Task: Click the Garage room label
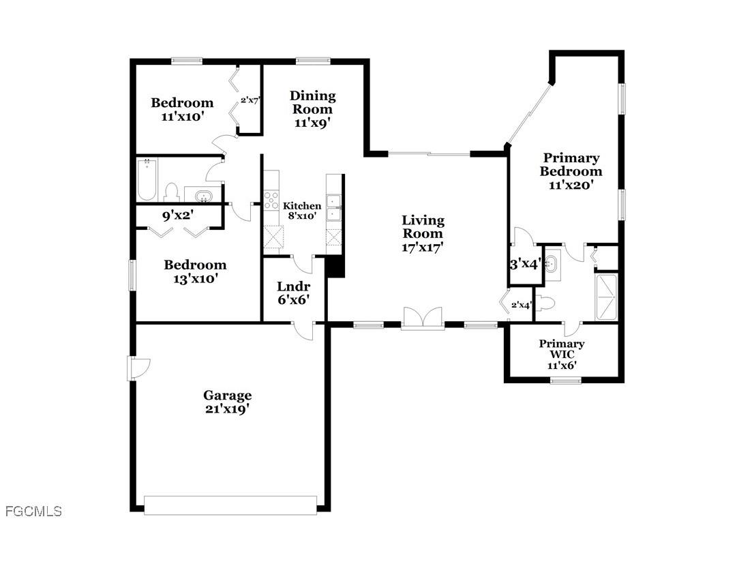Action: (x=227, y=395)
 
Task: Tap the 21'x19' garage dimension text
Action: (x=227, y=409)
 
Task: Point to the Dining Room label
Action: (x=313, y=102)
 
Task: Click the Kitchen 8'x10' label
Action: (x=302, y=211)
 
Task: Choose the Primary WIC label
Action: (x=561, y=349)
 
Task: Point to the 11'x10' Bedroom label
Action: (x=182, y=109)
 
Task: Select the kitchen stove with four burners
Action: (x=271, y=200)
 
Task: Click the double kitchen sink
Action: (x=334, y=207)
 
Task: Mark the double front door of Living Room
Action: (x=423, y=318)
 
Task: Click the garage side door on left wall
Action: (x=136, y=369)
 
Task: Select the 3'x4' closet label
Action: (x=525, y=264)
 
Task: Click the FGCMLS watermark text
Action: (x=33, y=511)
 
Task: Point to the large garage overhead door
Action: (x=230, y=505)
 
